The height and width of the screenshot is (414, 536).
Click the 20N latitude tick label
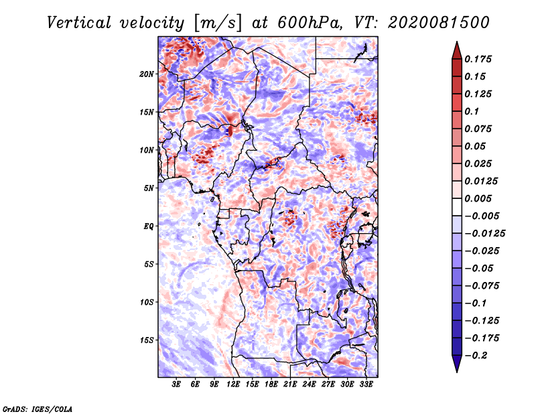147,74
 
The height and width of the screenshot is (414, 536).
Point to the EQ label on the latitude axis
148,226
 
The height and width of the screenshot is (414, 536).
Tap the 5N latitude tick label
149,188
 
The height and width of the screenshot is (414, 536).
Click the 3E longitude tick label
176,385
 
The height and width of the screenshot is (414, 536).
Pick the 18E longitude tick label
271,385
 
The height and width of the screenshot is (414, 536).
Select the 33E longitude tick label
366,385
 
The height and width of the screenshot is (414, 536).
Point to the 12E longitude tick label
233,385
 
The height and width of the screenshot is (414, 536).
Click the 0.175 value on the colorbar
478,59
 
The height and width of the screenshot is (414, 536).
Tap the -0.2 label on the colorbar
476,356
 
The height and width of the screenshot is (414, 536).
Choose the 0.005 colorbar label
478,198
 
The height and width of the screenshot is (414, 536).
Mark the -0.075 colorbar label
482,286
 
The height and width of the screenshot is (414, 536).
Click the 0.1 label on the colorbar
472,111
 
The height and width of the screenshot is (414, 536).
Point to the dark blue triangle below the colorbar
457,363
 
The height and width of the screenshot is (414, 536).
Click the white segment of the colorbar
457,207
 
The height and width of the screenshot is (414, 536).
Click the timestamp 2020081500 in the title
439,23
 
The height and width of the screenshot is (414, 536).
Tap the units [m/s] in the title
218,23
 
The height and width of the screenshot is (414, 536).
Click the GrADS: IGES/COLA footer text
38,409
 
